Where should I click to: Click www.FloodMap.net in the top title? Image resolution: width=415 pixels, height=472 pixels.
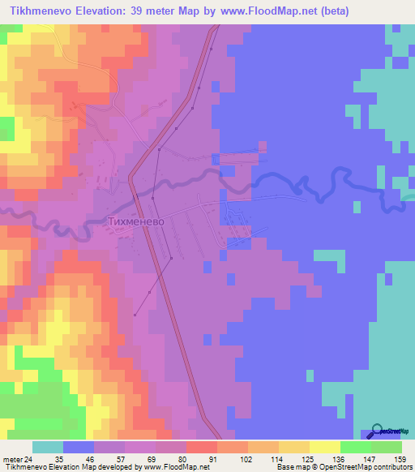point(264,11)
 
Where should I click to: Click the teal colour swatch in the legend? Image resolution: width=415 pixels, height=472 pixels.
point(48,447)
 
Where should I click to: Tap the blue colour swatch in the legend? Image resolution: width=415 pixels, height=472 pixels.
point(79,447)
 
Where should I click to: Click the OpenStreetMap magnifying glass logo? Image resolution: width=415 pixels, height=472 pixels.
point(379,431)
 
